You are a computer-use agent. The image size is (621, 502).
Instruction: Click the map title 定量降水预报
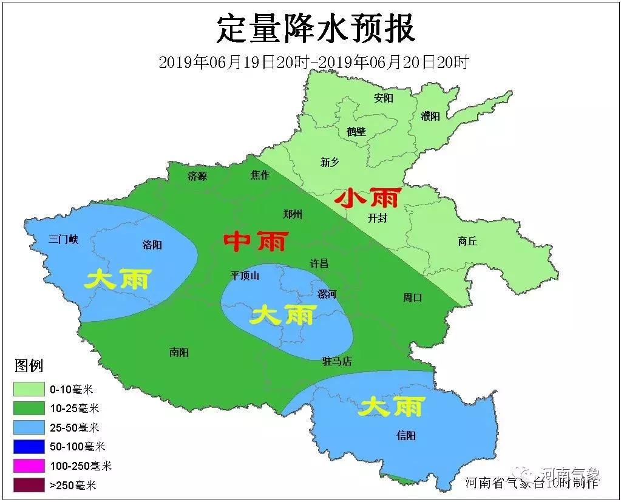[316, 29]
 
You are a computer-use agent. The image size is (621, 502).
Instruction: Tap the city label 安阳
[384, 98]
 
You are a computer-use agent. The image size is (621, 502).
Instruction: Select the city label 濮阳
[430, 116]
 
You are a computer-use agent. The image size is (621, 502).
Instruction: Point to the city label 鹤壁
[356, 131]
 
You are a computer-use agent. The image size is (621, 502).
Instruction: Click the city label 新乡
[330, 162]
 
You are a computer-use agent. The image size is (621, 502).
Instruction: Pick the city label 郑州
[293, 214]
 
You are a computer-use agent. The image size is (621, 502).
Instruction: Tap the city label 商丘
[467, 241]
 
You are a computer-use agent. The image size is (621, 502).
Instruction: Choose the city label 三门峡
[64, 239]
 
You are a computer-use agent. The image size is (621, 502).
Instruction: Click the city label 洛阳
[152, 245]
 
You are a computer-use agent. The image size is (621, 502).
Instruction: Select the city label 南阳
[179, 352]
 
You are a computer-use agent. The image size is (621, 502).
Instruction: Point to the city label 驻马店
[337, 362]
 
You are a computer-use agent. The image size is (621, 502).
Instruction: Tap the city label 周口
[412, 297]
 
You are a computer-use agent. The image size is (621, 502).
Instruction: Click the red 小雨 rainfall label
[368, 197]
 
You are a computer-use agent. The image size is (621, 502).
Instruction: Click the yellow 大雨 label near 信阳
[391, 407]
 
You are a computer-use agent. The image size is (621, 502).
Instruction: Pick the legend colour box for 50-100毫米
[29, 446]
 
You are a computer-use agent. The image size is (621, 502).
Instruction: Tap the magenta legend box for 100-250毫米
[29, 466]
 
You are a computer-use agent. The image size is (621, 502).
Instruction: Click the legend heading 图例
[29, 366]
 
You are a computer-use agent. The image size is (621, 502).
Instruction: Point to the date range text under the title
[313, 62]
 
